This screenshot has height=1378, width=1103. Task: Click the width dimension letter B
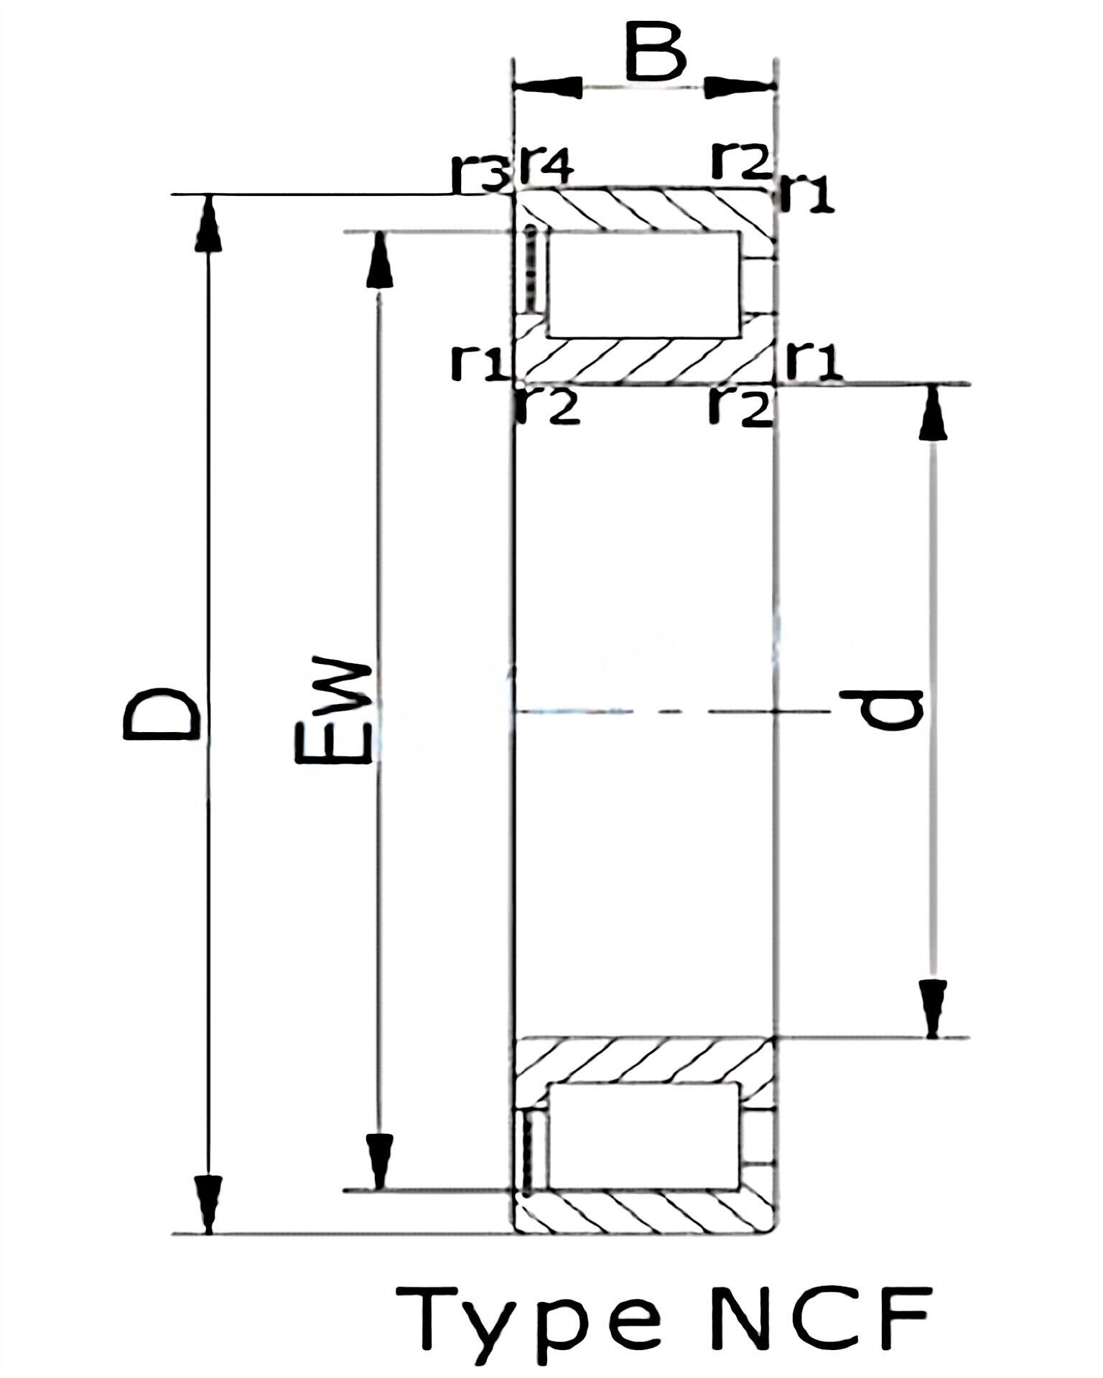point(655,52)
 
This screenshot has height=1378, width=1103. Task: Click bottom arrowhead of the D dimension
point(208,1206)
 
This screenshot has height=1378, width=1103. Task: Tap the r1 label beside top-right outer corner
point(807,194)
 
